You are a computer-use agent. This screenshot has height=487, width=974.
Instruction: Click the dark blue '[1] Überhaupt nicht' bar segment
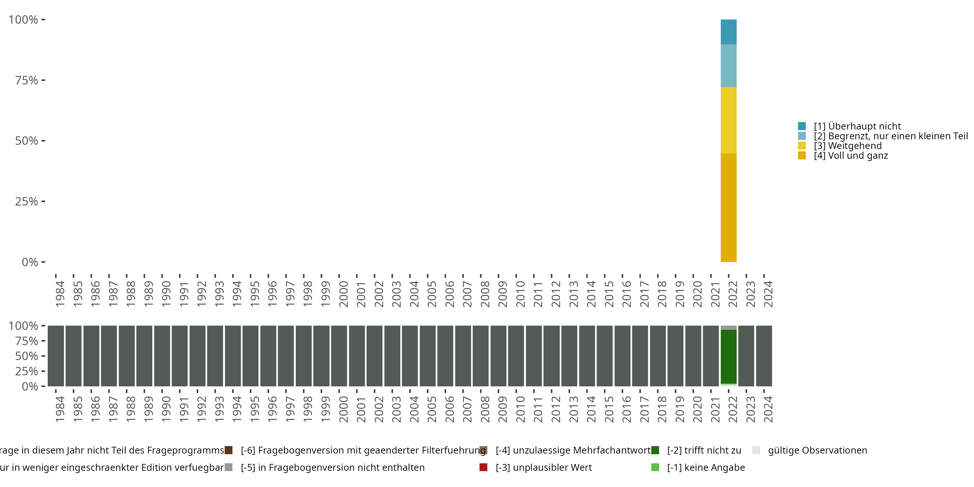728,32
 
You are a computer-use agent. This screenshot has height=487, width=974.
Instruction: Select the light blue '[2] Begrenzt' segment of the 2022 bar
728,65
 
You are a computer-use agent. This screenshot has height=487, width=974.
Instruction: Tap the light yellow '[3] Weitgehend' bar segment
728,120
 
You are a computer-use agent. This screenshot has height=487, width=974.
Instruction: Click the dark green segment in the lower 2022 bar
728,356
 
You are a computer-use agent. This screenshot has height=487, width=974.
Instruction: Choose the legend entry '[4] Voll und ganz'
851,156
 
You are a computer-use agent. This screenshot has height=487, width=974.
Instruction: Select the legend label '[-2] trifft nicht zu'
704,450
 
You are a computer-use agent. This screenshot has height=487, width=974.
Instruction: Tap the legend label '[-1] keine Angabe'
706,468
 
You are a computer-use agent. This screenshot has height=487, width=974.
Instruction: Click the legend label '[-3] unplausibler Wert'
544,468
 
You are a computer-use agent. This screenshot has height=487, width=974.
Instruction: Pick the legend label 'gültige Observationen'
818,450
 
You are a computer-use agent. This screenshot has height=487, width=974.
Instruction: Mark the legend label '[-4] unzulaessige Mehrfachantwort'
573,450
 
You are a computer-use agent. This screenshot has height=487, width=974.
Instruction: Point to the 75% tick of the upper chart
27,80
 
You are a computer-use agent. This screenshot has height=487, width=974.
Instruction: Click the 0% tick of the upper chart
30,262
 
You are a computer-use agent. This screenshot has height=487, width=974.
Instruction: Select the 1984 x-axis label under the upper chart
60,294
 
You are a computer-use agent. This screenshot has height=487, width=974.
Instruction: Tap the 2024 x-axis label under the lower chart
768,409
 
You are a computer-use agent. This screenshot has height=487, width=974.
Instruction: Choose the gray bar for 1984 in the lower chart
56,356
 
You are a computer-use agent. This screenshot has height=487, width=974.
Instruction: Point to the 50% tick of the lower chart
27,356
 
